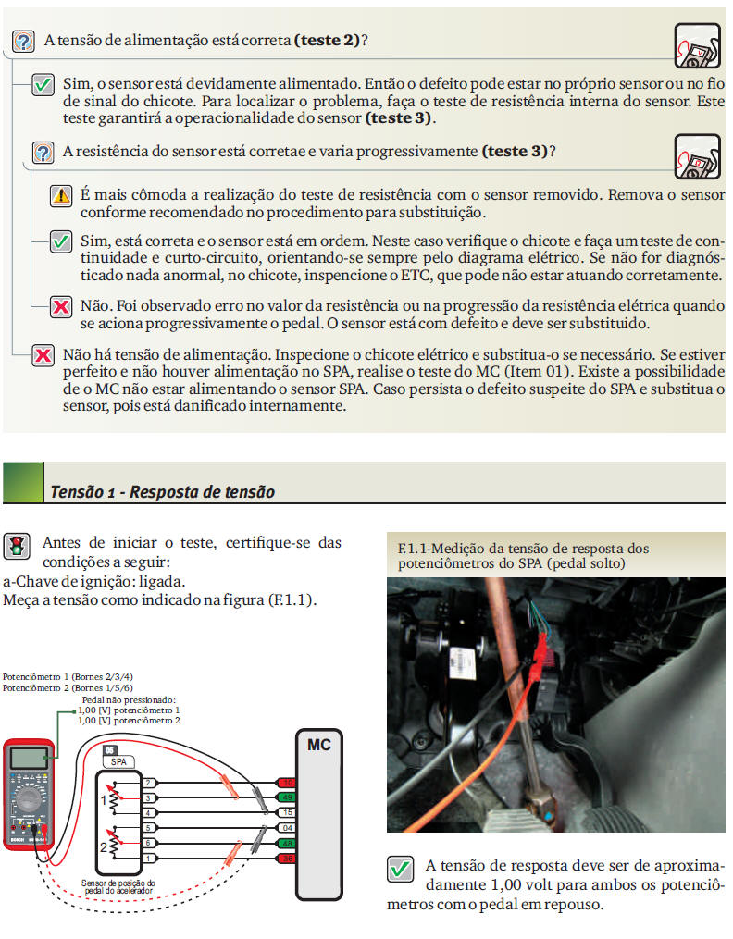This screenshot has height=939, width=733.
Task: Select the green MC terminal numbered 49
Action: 286,797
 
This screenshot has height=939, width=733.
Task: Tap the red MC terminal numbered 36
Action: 286,859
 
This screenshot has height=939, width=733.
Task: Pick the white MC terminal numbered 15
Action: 286,812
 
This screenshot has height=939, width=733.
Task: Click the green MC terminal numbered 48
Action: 286,844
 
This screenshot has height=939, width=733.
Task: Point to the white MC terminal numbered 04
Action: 286,828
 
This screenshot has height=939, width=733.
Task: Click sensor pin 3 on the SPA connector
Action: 148,797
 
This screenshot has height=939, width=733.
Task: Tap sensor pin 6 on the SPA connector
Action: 148,843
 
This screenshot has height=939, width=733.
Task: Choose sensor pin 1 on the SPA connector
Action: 148,859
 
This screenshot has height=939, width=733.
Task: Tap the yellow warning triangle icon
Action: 61,195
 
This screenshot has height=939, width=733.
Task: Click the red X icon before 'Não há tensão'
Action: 43,355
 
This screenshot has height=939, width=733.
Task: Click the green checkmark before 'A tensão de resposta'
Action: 400,870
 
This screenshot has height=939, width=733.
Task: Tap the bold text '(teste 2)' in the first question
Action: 326,42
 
